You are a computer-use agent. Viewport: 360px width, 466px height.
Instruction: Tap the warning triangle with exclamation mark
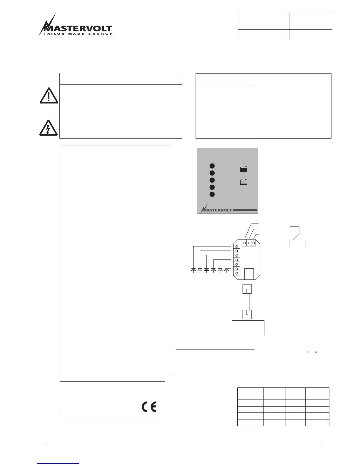[x=49, y=95]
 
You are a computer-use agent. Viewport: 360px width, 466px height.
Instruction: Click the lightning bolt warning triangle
[x=49, y=127]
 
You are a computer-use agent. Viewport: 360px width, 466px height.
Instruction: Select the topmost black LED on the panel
[x=212, y=166]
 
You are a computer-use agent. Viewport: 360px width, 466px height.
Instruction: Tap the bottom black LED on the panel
[x=212, y=194]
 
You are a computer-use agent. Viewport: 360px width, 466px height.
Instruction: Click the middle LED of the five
[x=212, y=180]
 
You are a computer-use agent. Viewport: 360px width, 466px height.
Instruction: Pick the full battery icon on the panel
[x=244, y=169]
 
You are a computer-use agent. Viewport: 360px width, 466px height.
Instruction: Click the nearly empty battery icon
[x=244, y=183]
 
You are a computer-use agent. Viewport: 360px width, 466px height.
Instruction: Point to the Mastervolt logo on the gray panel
[x=216, y=209]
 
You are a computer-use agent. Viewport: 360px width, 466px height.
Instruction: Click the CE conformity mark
[x=149, y=407]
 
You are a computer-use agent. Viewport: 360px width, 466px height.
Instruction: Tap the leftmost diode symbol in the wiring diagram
[x=193, y=269]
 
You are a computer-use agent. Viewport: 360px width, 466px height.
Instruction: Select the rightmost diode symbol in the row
[x=226, y=269]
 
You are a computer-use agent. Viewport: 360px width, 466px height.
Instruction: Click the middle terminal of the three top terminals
[x=249, y=243]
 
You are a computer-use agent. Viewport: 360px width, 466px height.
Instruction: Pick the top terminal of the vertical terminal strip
[x=237, y=246]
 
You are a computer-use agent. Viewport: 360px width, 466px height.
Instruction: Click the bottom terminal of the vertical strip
[x=237, y=273]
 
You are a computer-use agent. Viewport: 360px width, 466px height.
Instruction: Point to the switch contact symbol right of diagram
[x=297, y=237]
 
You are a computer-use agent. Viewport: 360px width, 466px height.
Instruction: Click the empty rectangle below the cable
[x=248, y=327]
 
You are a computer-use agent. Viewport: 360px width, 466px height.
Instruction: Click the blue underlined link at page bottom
[x=58, y=464]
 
